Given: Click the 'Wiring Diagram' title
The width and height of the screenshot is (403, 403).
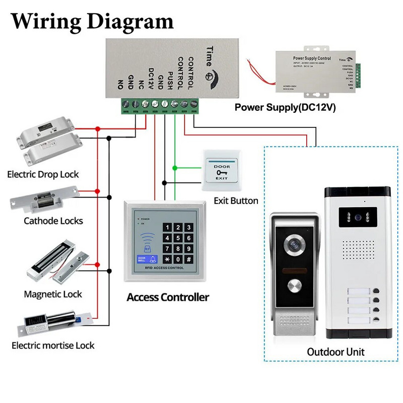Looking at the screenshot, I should pos(92,21).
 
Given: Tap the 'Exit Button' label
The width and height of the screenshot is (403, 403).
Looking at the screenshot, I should pos(236,201).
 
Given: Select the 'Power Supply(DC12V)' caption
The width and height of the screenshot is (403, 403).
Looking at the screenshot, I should pos(285,107).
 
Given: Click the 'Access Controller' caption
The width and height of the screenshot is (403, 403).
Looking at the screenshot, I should pos(168,297).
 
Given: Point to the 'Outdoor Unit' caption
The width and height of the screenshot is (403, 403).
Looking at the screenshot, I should pos(335,352).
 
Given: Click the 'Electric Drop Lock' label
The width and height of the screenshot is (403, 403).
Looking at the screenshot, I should pos(43,175).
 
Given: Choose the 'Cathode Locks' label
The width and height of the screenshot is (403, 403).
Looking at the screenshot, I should pos(53,221).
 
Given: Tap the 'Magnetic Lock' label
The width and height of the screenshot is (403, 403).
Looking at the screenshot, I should pos(52,294).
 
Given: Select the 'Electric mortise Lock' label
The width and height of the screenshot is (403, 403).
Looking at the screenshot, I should pos(53,346).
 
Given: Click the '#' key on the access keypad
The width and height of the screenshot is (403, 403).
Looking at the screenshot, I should pos(188,259).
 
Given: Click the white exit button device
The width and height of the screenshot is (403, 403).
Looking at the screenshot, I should pos(222,171).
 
